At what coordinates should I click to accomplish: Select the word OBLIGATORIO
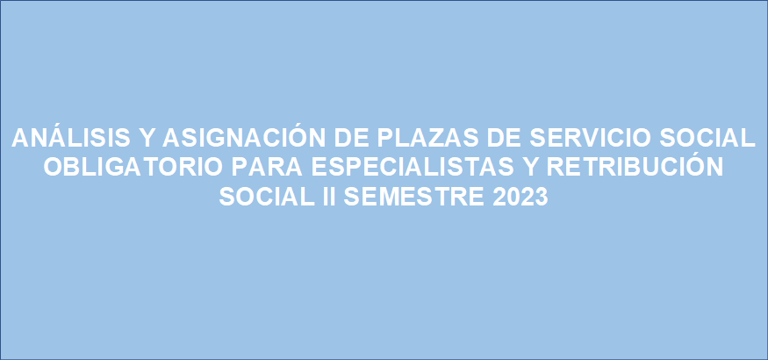click(x=133, y=168)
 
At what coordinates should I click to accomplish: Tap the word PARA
click(x=268, y=168)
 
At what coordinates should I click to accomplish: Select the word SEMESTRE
click(x=413, y=197)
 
